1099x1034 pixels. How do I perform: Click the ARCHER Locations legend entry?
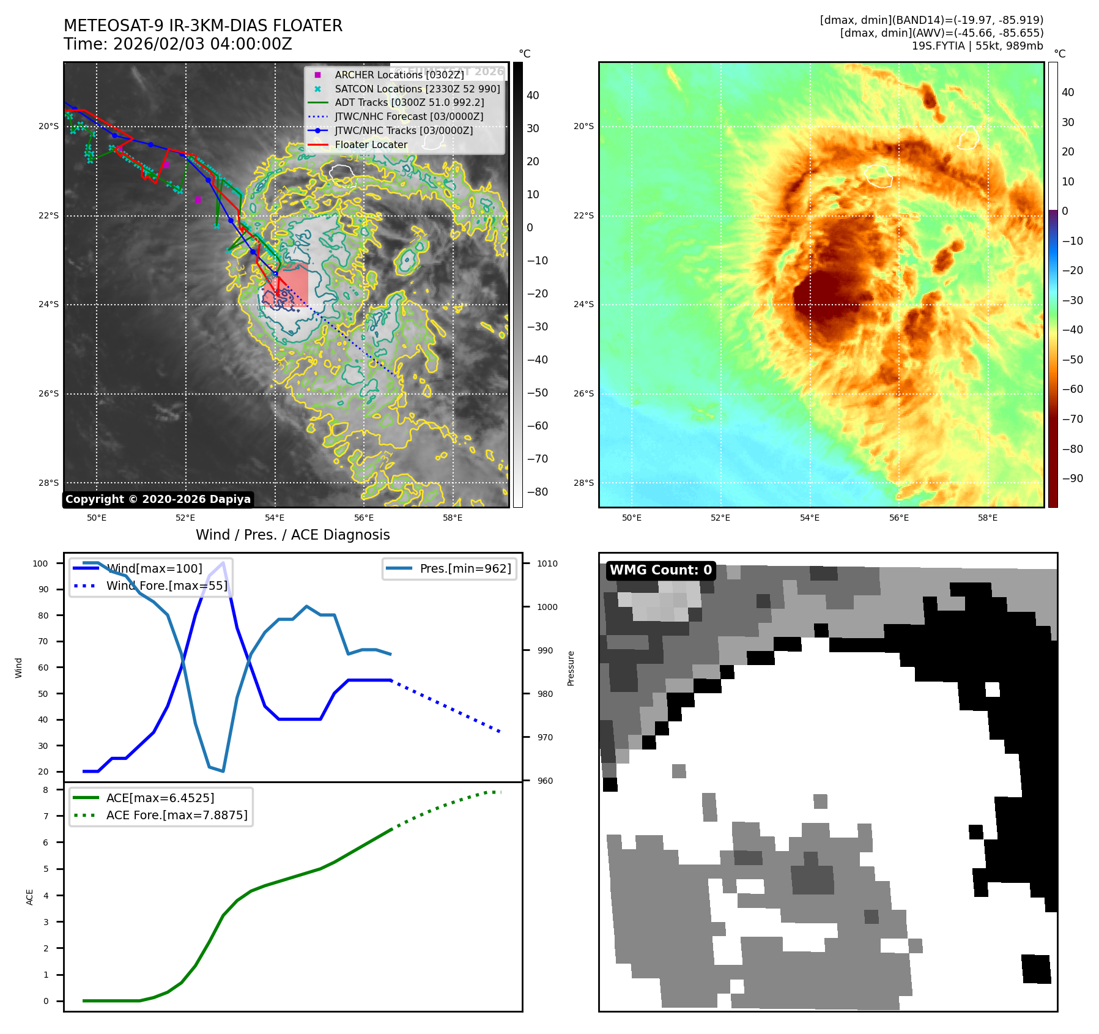click(x=399, y=75)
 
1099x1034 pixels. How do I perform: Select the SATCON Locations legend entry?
click(x=417, y=89)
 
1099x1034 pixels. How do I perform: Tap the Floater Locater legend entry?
click(x=371, y=144)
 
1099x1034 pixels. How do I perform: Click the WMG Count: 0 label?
click(x=661, y=570)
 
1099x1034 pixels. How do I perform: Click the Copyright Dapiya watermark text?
click(x=158, y=499)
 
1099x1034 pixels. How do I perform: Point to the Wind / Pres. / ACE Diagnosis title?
click(x=292, y=535)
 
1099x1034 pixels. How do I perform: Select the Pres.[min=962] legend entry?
click(x=465, y=568)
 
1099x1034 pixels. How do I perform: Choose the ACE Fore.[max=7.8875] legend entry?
click(x=177, y=815)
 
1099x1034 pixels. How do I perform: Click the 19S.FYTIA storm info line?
click(x=977, y=46)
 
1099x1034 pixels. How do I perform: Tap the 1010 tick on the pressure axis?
click(x=547, y=563)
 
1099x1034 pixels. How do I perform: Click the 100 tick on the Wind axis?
click(x=40, y=563)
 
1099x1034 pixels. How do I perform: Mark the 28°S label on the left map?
click(x=49, y=483)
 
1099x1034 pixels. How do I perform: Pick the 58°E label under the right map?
click(x=987, y=518)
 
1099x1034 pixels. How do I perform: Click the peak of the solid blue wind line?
click(x=223, y=563)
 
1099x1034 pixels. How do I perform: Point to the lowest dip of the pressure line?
click(x=223, y=771)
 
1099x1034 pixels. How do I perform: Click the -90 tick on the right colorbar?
click(x=1072, y=478)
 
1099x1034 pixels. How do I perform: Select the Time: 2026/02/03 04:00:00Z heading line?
click(x=178, y=44)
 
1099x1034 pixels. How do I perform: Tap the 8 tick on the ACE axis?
click(x=46, y=790)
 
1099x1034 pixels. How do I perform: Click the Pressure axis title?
click(x=571, y=668)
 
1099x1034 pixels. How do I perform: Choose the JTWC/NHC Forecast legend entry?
click(x=409, y=116)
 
